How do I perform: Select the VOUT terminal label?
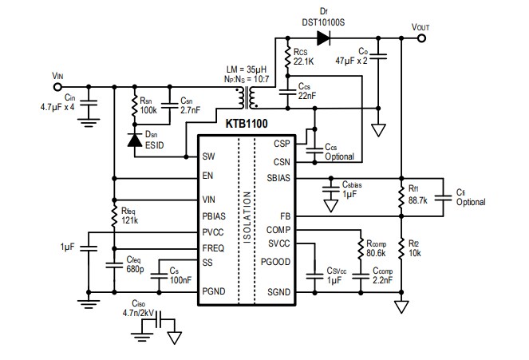420,26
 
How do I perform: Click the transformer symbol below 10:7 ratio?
250,97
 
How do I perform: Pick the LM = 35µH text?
243,69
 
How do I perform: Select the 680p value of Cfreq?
135,271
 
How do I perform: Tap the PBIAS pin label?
215,216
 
